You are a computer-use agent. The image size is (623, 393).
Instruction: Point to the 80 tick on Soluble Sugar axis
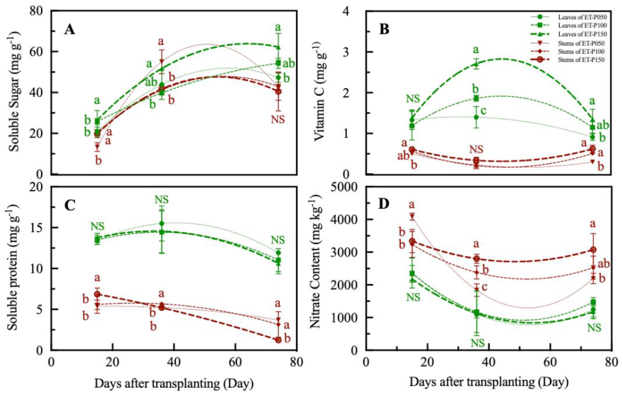pyautogui.click(x=38, y=11)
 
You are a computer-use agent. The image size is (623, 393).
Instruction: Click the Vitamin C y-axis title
pyautogui.click(x=321, y=92)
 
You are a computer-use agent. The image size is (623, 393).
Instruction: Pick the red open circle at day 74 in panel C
pyautogui.click(x=278, y=340)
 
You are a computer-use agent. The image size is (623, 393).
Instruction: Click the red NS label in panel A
pyautogui.click(x=278, y=119)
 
